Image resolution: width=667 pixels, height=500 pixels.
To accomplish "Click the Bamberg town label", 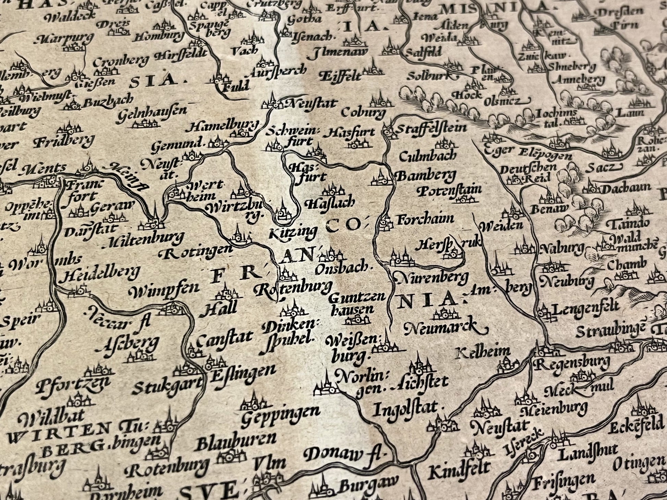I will (426, 176).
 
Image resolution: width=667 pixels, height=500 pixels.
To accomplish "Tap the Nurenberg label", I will (431, 278).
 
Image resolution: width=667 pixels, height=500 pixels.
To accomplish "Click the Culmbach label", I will (428, 156).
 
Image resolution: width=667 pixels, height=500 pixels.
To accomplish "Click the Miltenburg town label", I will (145, 240).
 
